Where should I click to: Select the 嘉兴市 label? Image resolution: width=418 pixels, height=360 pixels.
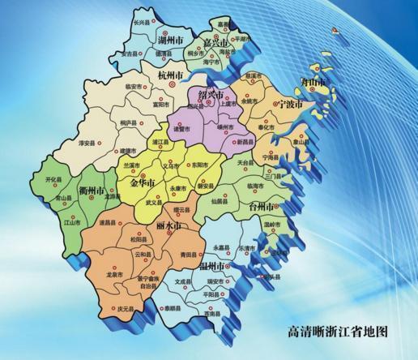click(218, 41)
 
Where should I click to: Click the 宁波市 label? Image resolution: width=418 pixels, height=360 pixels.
click(288, 105)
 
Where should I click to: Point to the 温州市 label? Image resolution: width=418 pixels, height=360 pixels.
click(213, 266)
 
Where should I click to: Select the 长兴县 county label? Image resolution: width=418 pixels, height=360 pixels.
click(142, 24)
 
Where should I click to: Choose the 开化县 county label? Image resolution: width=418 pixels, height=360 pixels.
click(55, 179)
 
